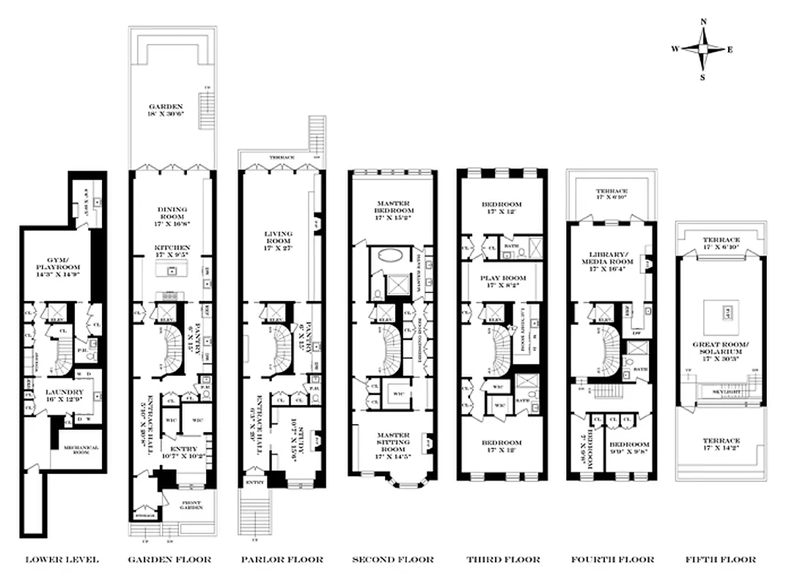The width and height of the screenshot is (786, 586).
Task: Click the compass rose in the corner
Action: tap(702, 49)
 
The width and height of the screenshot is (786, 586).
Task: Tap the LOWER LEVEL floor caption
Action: tap(62, 560)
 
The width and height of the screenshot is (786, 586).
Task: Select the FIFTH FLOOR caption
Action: tap(721, 560)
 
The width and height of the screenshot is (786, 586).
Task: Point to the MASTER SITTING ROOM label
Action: tap(392, 438)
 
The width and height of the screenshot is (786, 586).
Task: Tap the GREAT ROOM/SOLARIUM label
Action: tap(721, 346)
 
